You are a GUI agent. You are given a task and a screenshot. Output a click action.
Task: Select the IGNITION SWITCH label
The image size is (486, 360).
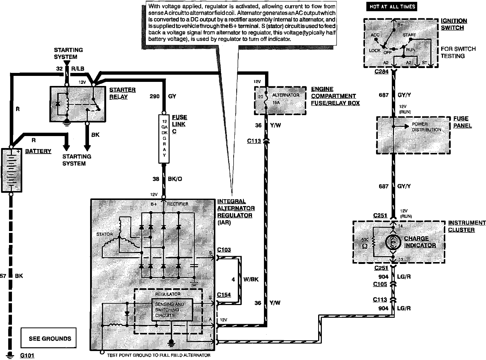pos(453,24)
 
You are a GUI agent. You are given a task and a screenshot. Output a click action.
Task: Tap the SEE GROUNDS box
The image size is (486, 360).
pos(50,338)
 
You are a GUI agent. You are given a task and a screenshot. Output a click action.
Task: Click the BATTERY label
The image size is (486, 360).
pos(38,151)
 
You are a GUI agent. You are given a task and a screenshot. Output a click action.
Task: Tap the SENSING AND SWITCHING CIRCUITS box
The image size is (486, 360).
pos(172,310)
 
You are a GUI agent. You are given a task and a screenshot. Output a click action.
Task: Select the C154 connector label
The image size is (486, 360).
pos(224,295)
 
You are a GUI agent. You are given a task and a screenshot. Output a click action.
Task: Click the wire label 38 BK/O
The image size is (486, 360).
pos(167,179)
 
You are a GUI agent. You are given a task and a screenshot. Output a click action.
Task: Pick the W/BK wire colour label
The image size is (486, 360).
pos(251,279)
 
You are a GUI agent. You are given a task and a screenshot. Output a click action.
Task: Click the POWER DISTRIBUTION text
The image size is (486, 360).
pos(426,127)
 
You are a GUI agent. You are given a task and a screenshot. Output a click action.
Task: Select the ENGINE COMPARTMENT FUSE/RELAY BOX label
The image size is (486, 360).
pos(335,96)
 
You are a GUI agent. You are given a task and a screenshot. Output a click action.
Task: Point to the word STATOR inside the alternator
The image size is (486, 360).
pos(104,234)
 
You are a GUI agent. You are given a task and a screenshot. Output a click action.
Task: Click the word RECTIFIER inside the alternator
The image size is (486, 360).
pos(178,204)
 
